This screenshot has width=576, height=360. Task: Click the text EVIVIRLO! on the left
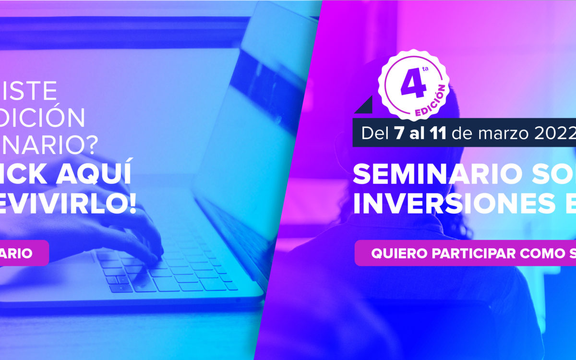(x=67, y=204)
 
